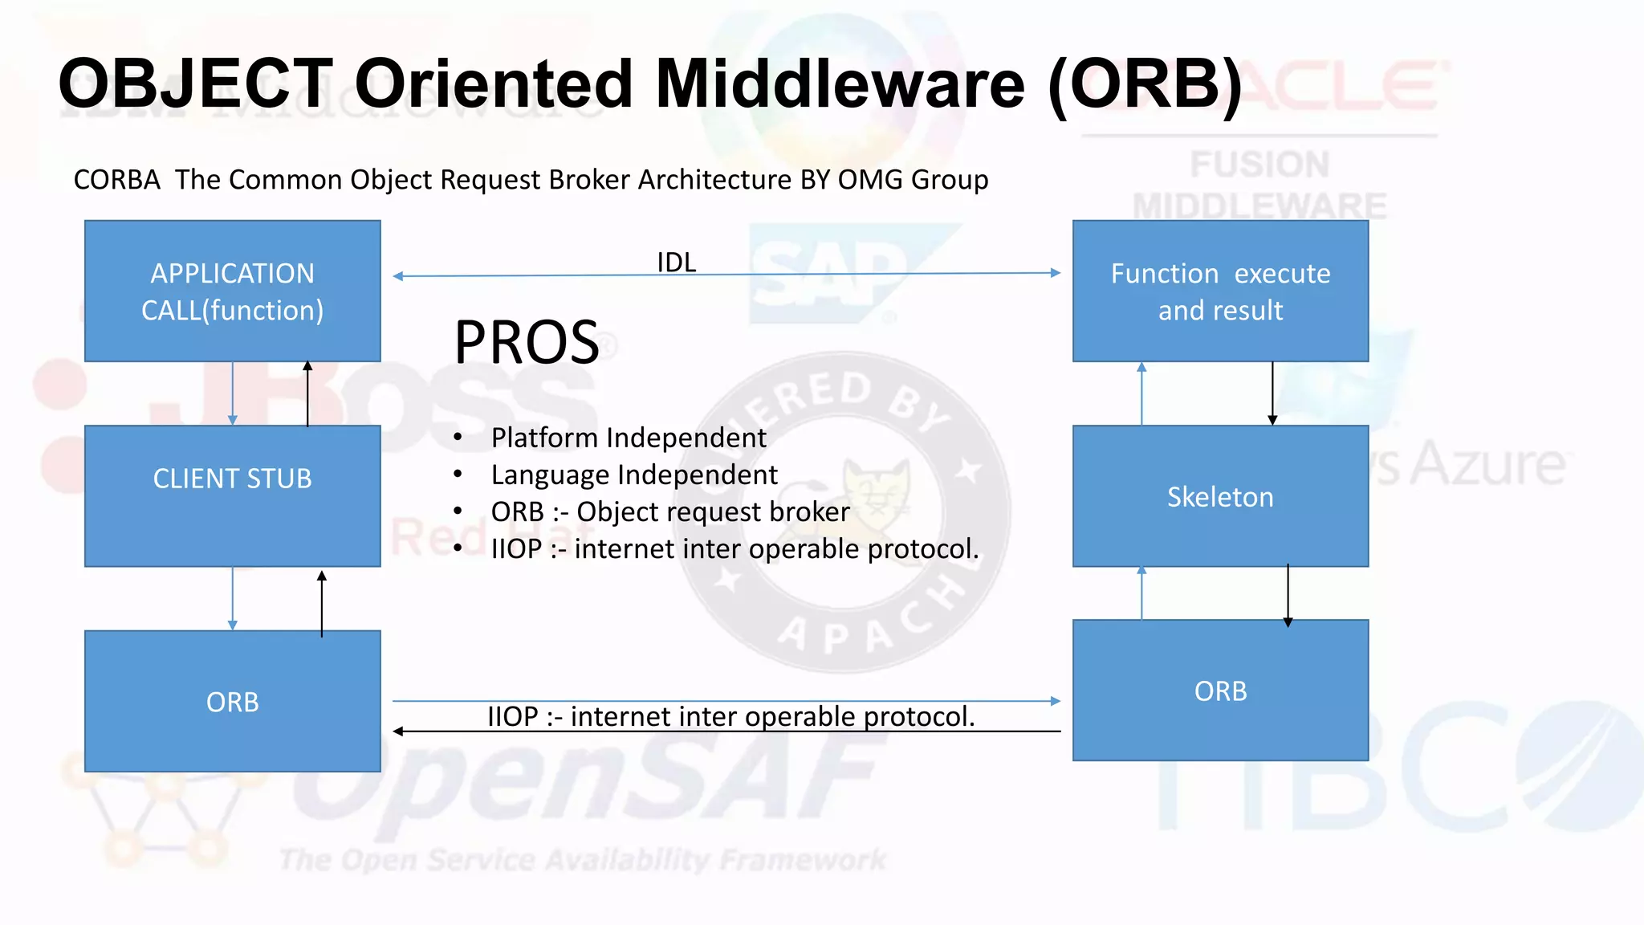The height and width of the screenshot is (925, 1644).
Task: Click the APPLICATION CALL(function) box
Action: tap(232, 291)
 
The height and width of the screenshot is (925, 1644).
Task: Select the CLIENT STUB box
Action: tap(232, 495)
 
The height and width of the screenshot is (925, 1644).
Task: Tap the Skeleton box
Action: tap(1220, 496)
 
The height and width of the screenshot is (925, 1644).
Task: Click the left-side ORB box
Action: tap(232, 701)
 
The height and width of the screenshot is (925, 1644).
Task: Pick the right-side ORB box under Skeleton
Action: tap(1220, 690)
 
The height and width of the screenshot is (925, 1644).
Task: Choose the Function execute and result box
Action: tap(1220, 291)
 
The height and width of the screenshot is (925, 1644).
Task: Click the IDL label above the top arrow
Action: tap(676, 262)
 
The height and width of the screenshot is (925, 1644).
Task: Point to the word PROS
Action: tap(527, 343)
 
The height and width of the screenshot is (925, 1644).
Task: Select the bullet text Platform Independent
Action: tap(629, 438)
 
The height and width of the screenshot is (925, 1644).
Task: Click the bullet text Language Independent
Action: tap(634, 475)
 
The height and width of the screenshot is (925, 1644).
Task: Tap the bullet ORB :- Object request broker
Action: tap(670, 511)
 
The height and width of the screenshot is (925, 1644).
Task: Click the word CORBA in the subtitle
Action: tap(117, 180)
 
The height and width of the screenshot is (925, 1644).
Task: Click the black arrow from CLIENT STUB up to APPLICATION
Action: tap(307, 393)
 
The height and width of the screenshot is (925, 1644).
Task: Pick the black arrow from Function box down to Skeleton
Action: tap(1272, 393)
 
